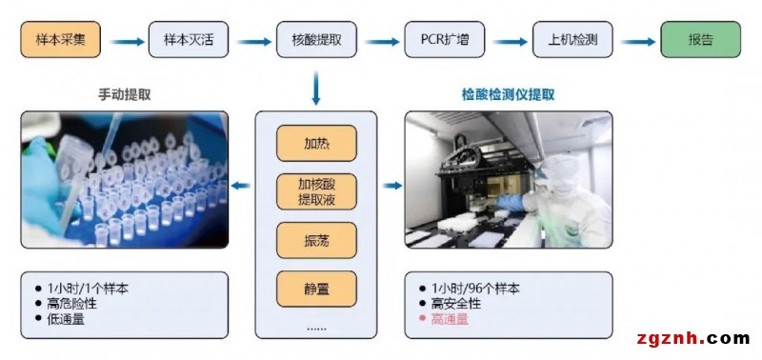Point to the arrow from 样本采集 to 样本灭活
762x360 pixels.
pos(124,41)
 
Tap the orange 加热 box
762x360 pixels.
pos(316,144)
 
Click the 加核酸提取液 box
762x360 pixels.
pos(316,192)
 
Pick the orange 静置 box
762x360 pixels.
pos(316,287)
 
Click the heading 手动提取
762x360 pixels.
pos(124,95)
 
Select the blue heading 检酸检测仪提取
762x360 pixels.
pos(508,95)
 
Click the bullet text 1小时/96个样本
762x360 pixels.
pos(475,288)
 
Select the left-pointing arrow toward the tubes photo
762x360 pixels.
pos(242,187)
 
